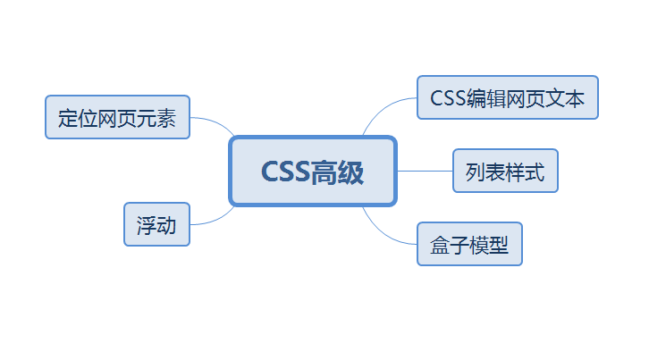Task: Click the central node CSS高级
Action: (x=313, y=171)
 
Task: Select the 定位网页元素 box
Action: (x=117, y=117)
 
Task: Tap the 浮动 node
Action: (x=156, y=225)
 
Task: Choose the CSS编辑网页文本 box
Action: (x=507, y=98)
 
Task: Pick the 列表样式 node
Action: (x=505, y=171)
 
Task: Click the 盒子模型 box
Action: (x=469, y=245)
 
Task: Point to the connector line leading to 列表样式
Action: (x=425, y=171)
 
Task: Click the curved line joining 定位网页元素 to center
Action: (x=215, y=121)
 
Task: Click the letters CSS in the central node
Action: (x=284, y=171)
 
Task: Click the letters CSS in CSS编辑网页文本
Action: (x=447, y=98)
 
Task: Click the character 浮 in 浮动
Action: (x=147, y=225)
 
